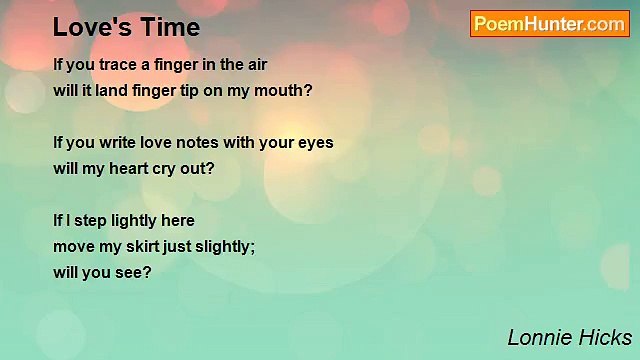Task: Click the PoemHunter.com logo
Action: tap(550, 24)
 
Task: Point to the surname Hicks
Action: tap(604, 337)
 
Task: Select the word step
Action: tap(92, 220)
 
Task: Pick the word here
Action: tap(176, 220)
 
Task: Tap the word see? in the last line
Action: tap(133, 272)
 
